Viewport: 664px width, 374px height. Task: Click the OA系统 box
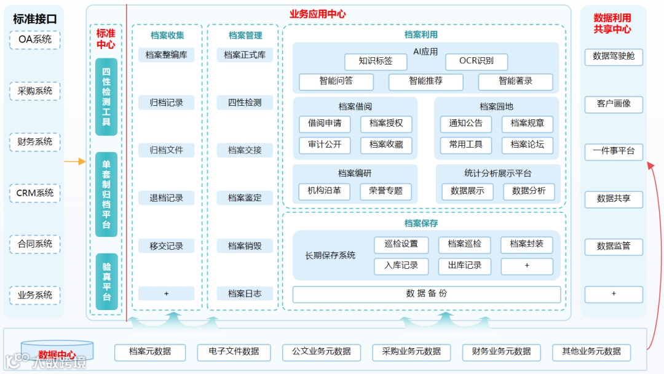(34, 40)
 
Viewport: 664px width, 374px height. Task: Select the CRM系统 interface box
(34, 193)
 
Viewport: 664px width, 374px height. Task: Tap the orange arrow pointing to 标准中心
(76, 162)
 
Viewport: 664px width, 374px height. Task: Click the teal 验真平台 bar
(106, 281)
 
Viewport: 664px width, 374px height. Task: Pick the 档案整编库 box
(166, 55)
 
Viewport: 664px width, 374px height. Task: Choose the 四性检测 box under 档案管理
(245, 103)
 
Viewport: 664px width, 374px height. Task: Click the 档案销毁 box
(245, 246)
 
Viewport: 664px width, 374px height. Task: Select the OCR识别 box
(477, 61)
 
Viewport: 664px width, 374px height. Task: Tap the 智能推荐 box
(426, 81)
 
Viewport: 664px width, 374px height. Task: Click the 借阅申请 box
(325, 124)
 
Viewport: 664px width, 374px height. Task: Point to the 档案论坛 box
(527, 145)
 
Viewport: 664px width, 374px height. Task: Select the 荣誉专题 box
(386, 191)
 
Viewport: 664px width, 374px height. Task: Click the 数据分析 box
(529, 191)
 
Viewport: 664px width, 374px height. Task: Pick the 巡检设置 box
(401, 244)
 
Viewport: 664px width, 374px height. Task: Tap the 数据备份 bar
(427, 294)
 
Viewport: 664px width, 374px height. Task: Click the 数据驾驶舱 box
(614, 57)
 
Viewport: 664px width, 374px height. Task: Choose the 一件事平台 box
(614, 151)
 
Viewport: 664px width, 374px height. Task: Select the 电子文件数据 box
(234, 352)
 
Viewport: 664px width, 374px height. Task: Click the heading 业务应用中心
(317, 14)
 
